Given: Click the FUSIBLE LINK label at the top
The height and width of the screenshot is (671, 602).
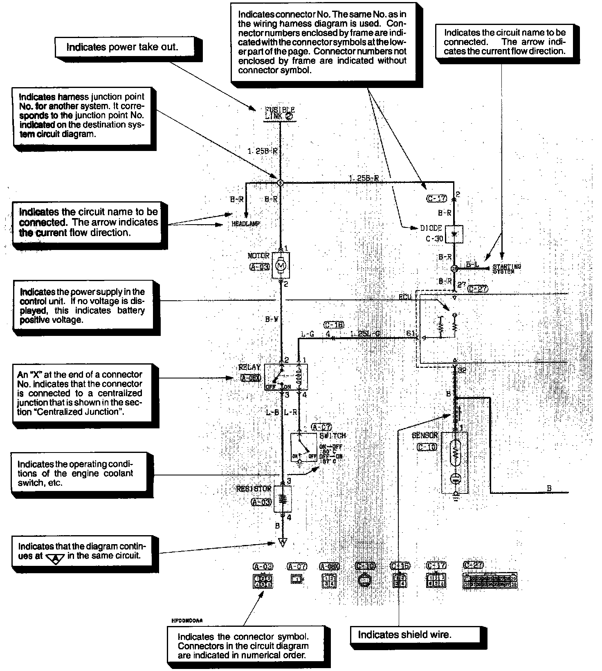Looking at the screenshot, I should click(280, 113).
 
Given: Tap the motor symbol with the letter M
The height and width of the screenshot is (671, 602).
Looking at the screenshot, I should click(281, 266).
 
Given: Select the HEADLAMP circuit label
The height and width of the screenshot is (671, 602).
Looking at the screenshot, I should click(246, 224).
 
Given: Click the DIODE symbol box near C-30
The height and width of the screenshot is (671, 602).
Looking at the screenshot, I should click(454, 234).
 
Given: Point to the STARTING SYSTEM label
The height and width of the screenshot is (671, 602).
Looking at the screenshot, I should click(507, 268).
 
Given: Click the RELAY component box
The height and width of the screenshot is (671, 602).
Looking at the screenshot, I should click(286, 376).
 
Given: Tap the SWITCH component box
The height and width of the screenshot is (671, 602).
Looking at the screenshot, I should click(304, 447).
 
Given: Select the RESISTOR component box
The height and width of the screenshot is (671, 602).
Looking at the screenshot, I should click(282, 499).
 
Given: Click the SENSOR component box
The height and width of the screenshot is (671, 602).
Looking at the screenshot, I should click(455, 462).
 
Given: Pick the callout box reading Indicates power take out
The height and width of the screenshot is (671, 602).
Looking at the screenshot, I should click(123, 47).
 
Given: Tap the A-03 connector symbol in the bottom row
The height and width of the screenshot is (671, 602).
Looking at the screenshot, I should click(263, 581).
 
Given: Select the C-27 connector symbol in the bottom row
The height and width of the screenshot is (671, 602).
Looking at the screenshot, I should click(490, 581).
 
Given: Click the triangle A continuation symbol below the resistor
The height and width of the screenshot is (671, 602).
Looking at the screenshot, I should click(282, 543).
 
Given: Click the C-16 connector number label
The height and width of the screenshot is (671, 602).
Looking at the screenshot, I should click(334, 325).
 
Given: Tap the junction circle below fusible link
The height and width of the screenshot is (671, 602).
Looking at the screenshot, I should click(280, 183).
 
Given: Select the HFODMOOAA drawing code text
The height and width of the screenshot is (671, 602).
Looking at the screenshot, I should click(187, 620).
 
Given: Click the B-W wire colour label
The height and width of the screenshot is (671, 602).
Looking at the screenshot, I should click(272, 319).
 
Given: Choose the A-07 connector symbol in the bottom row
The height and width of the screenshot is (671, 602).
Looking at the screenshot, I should click(297, 579).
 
